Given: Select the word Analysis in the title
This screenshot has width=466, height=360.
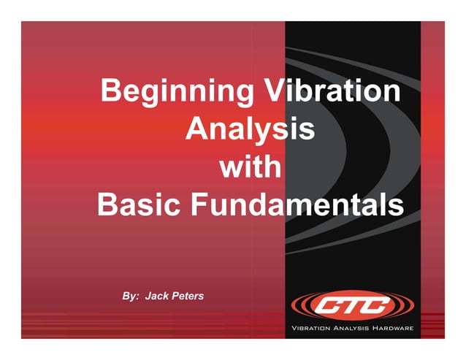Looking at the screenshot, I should click(250, 131).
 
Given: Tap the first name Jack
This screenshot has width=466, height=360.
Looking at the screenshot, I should click(158, 296).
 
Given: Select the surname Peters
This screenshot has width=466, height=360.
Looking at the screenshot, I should click(188, 296).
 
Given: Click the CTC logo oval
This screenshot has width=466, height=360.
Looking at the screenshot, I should click(352, 305).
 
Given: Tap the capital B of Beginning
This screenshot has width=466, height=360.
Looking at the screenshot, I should click(112, 92).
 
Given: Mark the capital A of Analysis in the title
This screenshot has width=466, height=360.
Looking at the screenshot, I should click(196, 130).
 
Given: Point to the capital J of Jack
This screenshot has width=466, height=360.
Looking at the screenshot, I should click(148, 296).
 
